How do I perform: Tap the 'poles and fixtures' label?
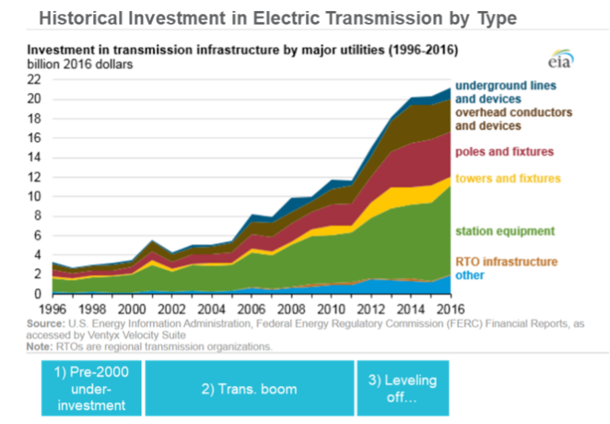[x=504, y=152]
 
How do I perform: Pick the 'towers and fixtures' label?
[x=508, y=179]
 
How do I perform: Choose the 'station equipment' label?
[x=505, y=232]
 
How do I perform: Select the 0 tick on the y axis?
[x=37, y=294]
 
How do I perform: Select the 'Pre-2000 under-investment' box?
[x=91, y=388]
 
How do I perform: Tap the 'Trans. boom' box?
[x=249, y=388]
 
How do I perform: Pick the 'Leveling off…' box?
[x=402, y=388]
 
